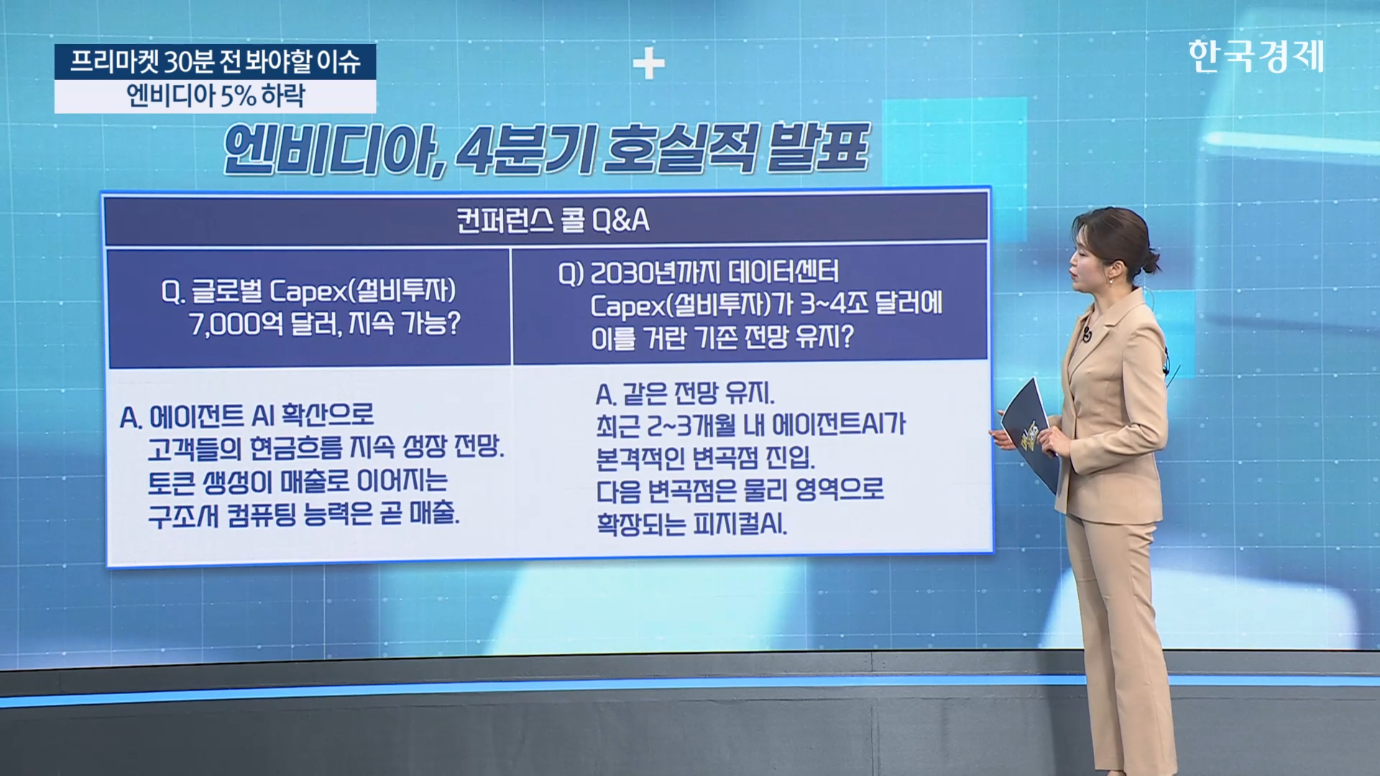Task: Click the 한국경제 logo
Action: click(x=1256, y=56)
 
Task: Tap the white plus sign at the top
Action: click(x=648, y=65)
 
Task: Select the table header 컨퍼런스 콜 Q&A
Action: click(x=553, y=220)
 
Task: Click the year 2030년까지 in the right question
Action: click(x=655, y=273)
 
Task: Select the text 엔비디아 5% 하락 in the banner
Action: click(x=216, y=96)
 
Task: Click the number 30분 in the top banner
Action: click(x=189, y=62)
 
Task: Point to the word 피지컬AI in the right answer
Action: click(x=740, y=523)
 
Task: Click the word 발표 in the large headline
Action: click(x=819, y=148)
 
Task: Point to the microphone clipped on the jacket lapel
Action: click(x=1087, y=334)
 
